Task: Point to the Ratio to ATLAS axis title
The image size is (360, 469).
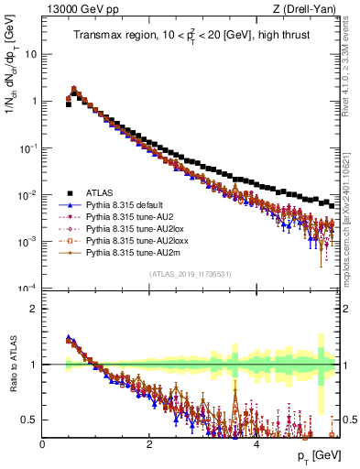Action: click(12, 365)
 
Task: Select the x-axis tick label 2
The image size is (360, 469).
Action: click(149, 444)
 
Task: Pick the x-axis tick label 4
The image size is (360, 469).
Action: click(256, 444)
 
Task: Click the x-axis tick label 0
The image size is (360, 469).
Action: click(42, 444)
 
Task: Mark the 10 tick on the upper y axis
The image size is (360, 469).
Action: click(29, 54)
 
